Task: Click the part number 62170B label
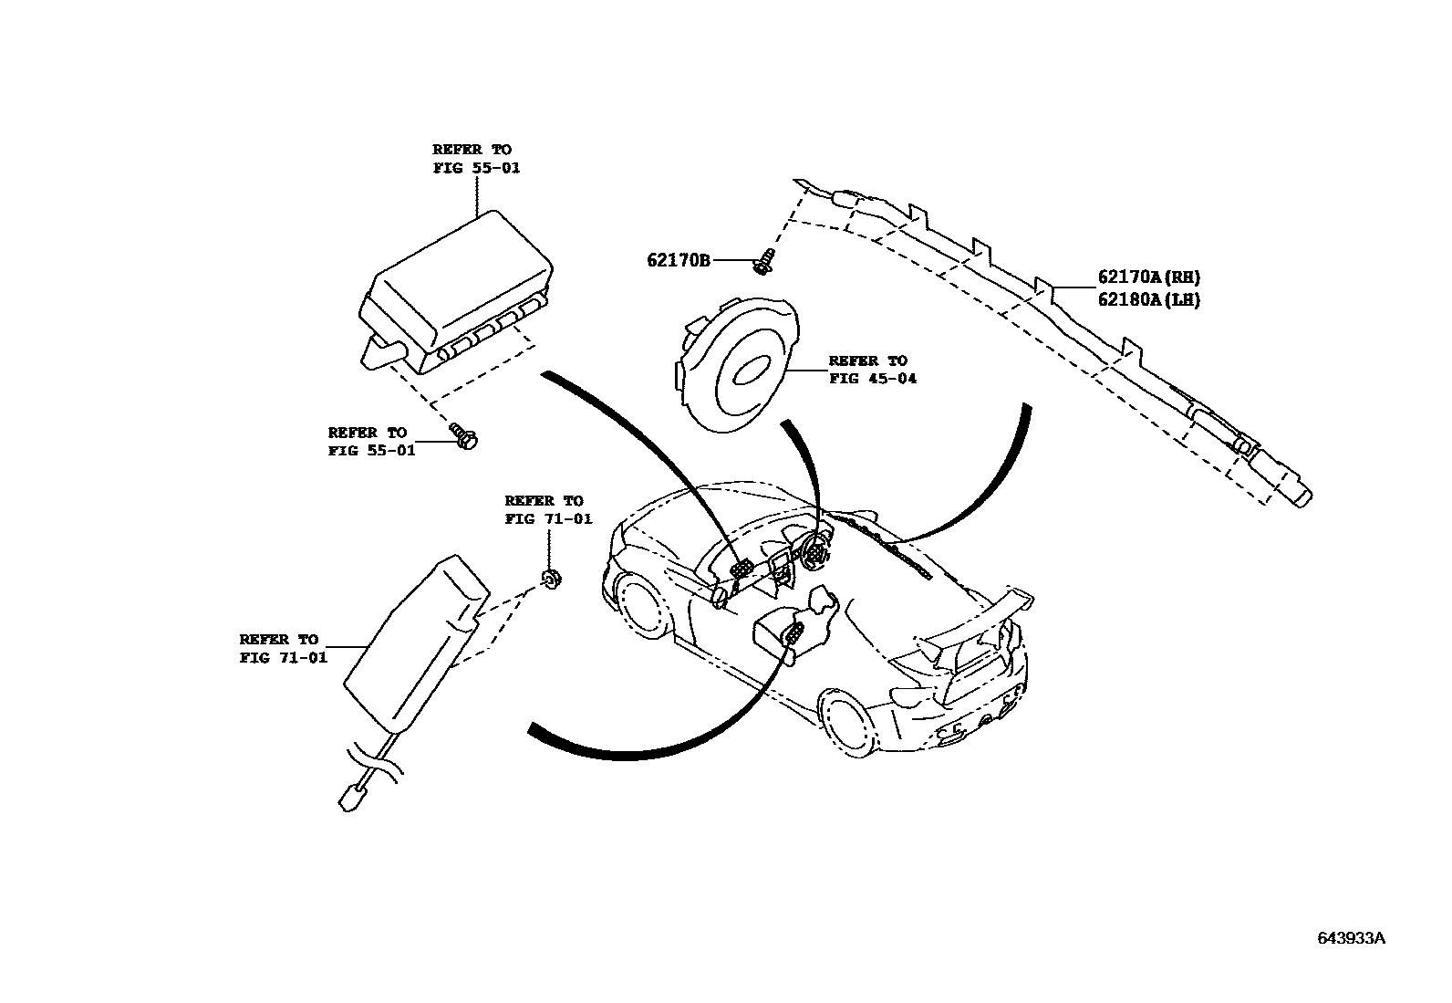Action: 678,260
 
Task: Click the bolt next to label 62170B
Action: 762,262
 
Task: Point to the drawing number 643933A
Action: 1350,938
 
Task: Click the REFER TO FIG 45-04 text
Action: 872,370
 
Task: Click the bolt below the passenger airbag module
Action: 467,437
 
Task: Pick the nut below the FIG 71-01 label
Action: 550,577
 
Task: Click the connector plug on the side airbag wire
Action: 353,796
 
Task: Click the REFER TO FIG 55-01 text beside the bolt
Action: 371,442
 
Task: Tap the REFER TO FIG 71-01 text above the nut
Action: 548,510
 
